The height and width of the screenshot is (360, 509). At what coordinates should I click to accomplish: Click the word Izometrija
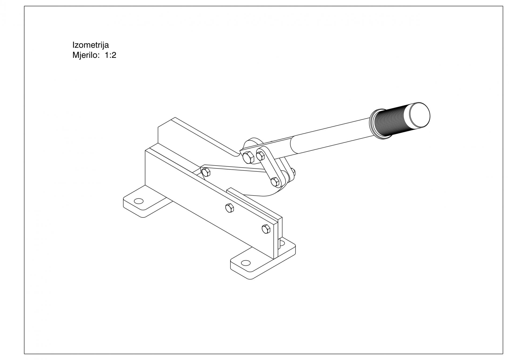(x=91, y=45)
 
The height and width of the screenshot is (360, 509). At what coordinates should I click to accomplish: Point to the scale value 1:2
(x=110, y=55)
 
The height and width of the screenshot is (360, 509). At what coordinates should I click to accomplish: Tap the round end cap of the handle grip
(x=420, y=115)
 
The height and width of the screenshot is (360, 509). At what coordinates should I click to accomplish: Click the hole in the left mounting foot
(x=139, y=201)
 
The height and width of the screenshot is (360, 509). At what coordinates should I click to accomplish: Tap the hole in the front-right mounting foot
(x=246, y=263)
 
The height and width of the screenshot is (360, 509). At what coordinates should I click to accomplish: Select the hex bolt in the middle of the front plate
(x=230, y=208)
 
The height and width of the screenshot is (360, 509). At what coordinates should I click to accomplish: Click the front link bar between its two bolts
(x=268, y=168)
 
